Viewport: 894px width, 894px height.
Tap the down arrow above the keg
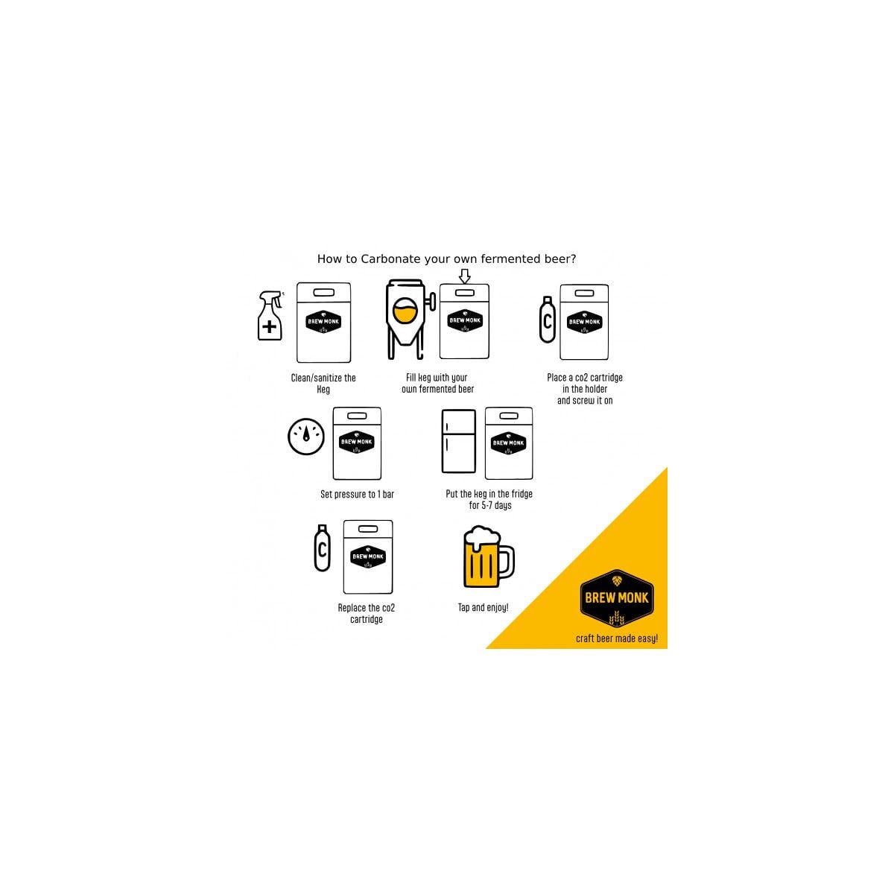pyautogui.click(x=464, y=276)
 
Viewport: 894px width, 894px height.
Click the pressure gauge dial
pyautogui.click(x=305, y=437)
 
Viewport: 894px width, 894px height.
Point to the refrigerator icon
pyautogui.click(x=458, y=441)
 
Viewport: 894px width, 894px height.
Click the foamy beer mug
pyautogui.click(x=489, y=557)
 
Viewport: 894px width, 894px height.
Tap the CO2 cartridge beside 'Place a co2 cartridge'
pyautogui.click(x=548, y=320)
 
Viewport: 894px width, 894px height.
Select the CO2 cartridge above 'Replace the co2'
pyautogui.click(x=322, y=548)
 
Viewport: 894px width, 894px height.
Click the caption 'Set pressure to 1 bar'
pyautogui.click(x=357, y=495)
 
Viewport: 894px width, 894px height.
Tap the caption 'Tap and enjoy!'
pyautogui.click(x=483, y=608)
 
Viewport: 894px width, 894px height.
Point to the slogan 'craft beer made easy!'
pyautogui.click(x=617, y=638)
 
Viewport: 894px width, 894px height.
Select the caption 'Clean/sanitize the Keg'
pyautogui.click(x=323, y=384)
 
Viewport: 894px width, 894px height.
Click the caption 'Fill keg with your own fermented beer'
pyautogui.click(x=437, y=383)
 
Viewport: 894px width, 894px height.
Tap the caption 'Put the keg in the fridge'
pyautogui.click(x=489, y=494)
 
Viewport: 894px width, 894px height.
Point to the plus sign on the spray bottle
pyautogui.click(x=269, y=326)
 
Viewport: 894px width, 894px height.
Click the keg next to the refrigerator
pyautogui.click(x=509, y=443)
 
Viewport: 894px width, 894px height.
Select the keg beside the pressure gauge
pyautogui.click(x=357, y=443)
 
